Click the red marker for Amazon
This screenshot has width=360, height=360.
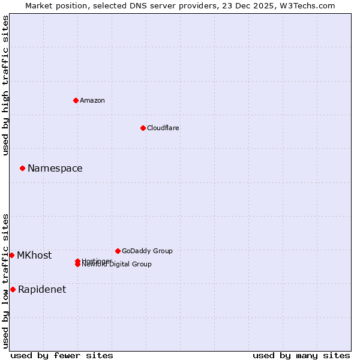click(76, 100)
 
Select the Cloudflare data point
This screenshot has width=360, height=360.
click(143, 128)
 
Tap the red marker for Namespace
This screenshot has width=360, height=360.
click(22, 168)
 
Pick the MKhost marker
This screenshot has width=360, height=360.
click(11, 255)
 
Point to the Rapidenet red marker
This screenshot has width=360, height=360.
click(13, 289)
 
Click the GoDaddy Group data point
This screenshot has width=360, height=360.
click(118, 251)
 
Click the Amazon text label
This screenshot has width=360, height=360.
click(92, 100)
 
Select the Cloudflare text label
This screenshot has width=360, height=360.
click(163, 128)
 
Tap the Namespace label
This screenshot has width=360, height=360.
click(55, 169)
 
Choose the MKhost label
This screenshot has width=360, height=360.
click(34, 256)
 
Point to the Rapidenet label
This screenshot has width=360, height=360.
click(42, 290)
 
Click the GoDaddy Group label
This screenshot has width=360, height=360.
click(147, 251)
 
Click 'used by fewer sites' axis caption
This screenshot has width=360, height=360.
click(62, 355)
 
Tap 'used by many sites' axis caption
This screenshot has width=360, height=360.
click(301, 355)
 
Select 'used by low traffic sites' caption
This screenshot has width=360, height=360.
click(6, 280)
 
